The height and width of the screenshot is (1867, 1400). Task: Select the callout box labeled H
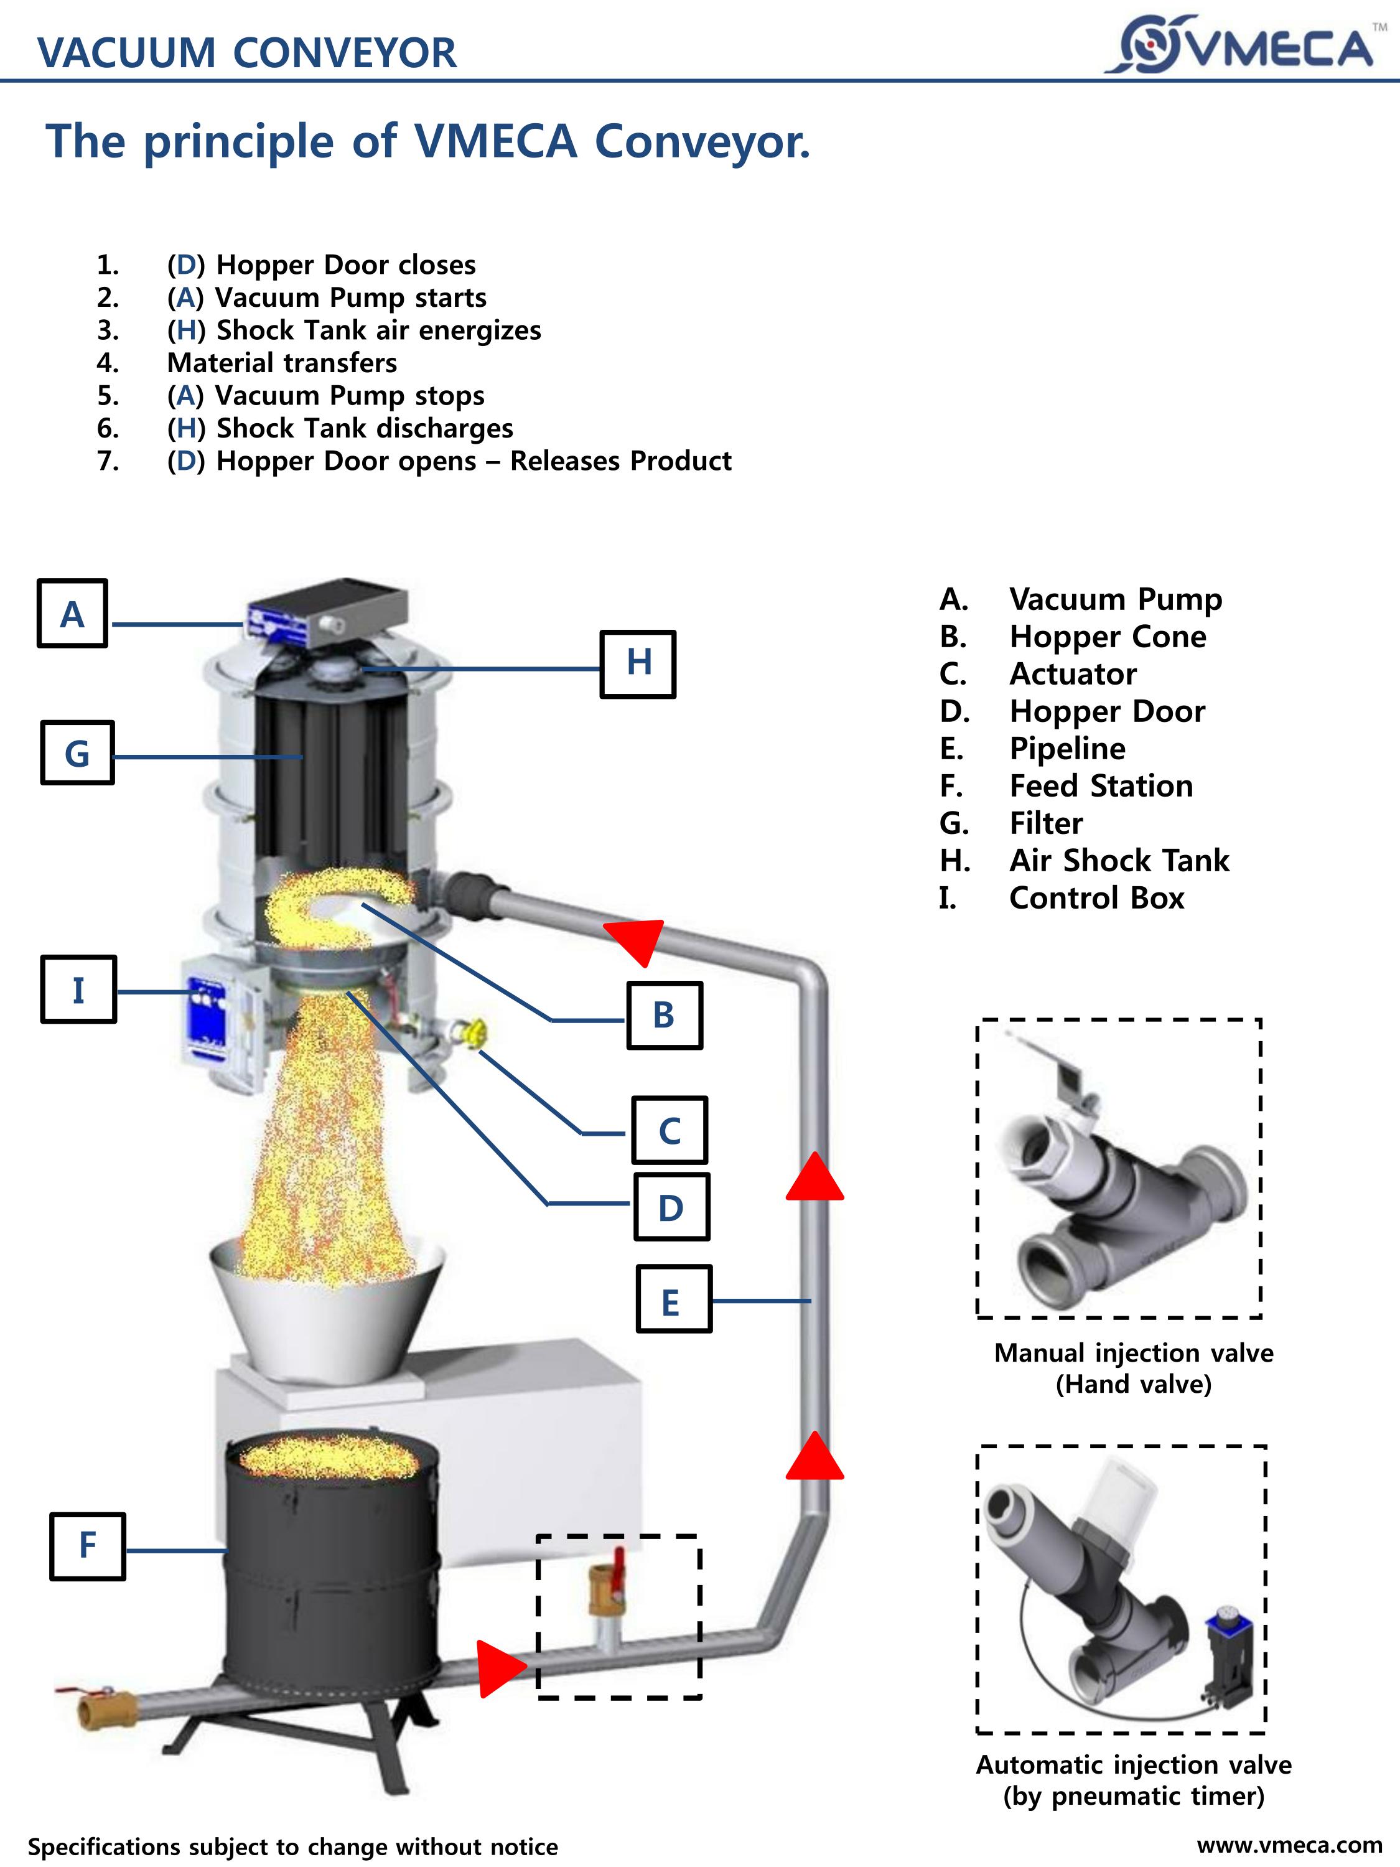tap(638, 663)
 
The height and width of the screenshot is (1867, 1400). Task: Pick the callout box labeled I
tap(78, 990)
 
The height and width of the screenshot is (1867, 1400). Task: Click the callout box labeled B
tap(664, 1016)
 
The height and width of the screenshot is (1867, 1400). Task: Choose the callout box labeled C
tap(669, 1131)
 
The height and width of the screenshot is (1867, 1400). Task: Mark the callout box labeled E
tap(673, 1299)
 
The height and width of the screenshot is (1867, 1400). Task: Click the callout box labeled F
tap(88, 1546)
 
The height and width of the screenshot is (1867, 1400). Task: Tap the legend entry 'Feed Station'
tap(1101, 786)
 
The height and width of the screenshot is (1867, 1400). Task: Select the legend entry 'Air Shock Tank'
tap(1118, 860)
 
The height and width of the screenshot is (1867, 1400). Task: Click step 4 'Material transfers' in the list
tap(282, 363)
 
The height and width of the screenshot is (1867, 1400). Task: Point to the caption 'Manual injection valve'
tap(1133, 1353)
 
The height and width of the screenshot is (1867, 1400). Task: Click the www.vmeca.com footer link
tap(1289, 1845)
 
